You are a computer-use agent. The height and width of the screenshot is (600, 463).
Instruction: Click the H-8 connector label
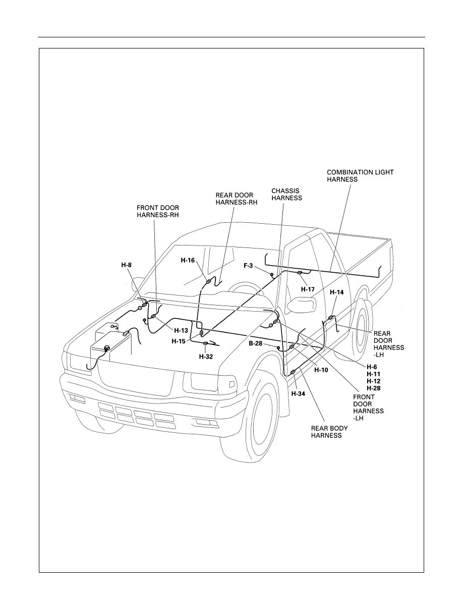[x=127, y=265]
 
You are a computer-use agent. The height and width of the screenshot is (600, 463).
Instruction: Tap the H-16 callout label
[x=188, y=260]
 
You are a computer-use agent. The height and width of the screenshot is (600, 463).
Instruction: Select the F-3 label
[x=248, y=265]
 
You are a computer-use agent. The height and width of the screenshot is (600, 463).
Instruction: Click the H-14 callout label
[x=336, y=292]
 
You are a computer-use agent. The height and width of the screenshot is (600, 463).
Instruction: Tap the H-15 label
[x=179, y=341]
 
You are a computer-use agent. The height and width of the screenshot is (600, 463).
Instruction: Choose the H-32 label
[x=206, y=356]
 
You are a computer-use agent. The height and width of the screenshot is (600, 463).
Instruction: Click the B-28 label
[x=256, y=343]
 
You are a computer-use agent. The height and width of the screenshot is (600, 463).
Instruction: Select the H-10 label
[x=321, y=370]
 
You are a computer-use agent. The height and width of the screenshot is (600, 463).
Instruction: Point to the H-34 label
[x=298, y=393]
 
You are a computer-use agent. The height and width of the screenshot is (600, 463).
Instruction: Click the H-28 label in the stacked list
[x=374, y=388]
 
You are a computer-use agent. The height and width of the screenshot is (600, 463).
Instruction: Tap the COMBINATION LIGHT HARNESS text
[x=360, y=176]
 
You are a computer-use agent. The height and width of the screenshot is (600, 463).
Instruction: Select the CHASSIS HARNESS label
[x=286, y=194]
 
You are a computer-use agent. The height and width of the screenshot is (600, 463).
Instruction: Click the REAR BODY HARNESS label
[x=329, y=432]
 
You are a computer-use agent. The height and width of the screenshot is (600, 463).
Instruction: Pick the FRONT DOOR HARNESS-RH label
[x=158, y=211]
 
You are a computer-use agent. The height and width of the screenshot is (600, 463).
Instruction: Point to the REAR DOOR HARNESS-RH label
[x=236, y=198]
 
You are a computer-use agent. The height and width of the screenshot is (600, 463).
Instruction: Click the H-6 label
[x=372, y=367]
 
